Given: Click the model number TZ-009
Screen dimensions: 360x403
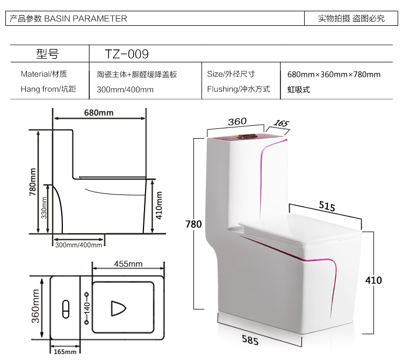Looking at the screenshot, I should (x=126, y=54).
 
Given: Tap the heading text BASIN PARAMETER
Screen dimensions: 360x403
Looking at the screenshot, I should (x=85, y=18).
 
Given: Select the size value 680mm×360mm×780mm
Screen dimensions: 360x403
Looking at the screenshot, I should (x=334, y=75).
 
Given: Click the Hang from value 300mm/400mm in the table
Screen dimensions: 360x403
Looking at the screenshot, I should (x=125, y=89).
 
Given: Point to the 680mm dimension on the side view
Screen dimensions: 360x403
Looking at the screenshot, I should (x=99, y=113).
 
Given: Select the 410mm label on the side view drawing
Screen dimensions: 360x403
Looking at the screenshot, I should (x=160, y=207).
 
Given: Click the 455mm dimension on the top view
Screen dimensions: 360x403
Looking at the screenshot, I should (x=128, y=264).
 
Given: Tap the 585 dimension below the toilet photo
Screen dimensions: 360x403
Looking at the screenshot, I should (x=249, y=340).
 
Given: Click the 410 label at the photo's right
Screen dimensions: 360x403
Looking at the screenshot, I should (x=373, y=280).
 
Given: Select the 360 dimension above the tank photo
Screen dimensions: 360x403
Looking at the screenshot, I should (x=236, y=121).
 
